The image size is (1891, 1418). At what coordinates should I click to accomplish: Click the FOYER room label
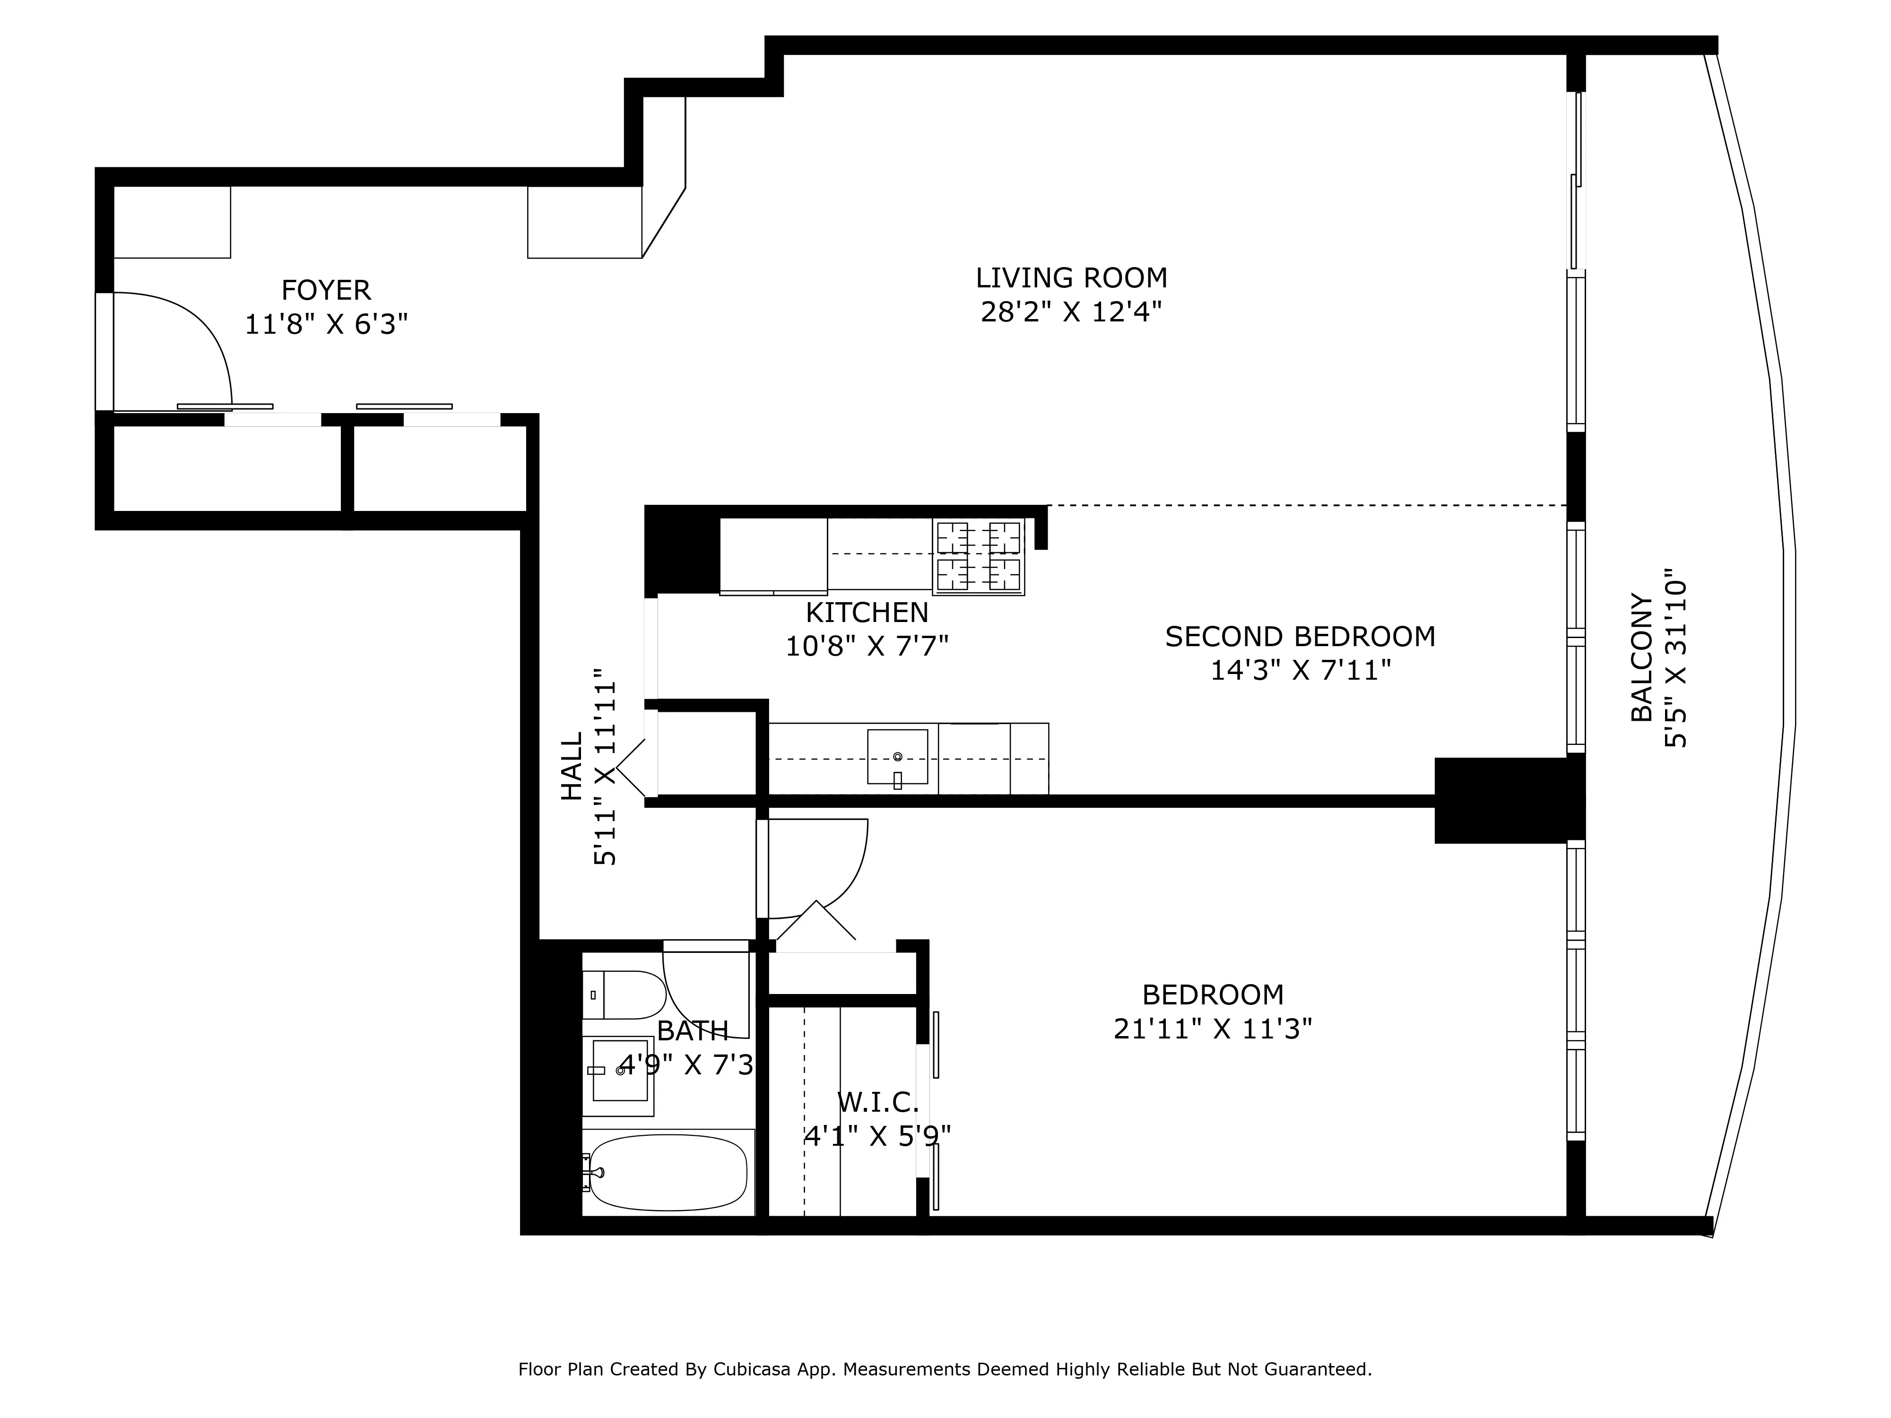click(x=326, y=291)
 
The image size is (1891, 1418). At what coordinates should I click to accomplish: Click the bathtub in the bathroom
click(x=667, y=1173)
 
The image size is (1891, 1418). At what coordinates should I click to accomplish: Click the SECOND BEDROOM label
click(x=1300, y=637)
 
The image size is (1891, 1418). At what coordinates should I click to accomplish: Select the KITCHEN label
click(x=867, y=613)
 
